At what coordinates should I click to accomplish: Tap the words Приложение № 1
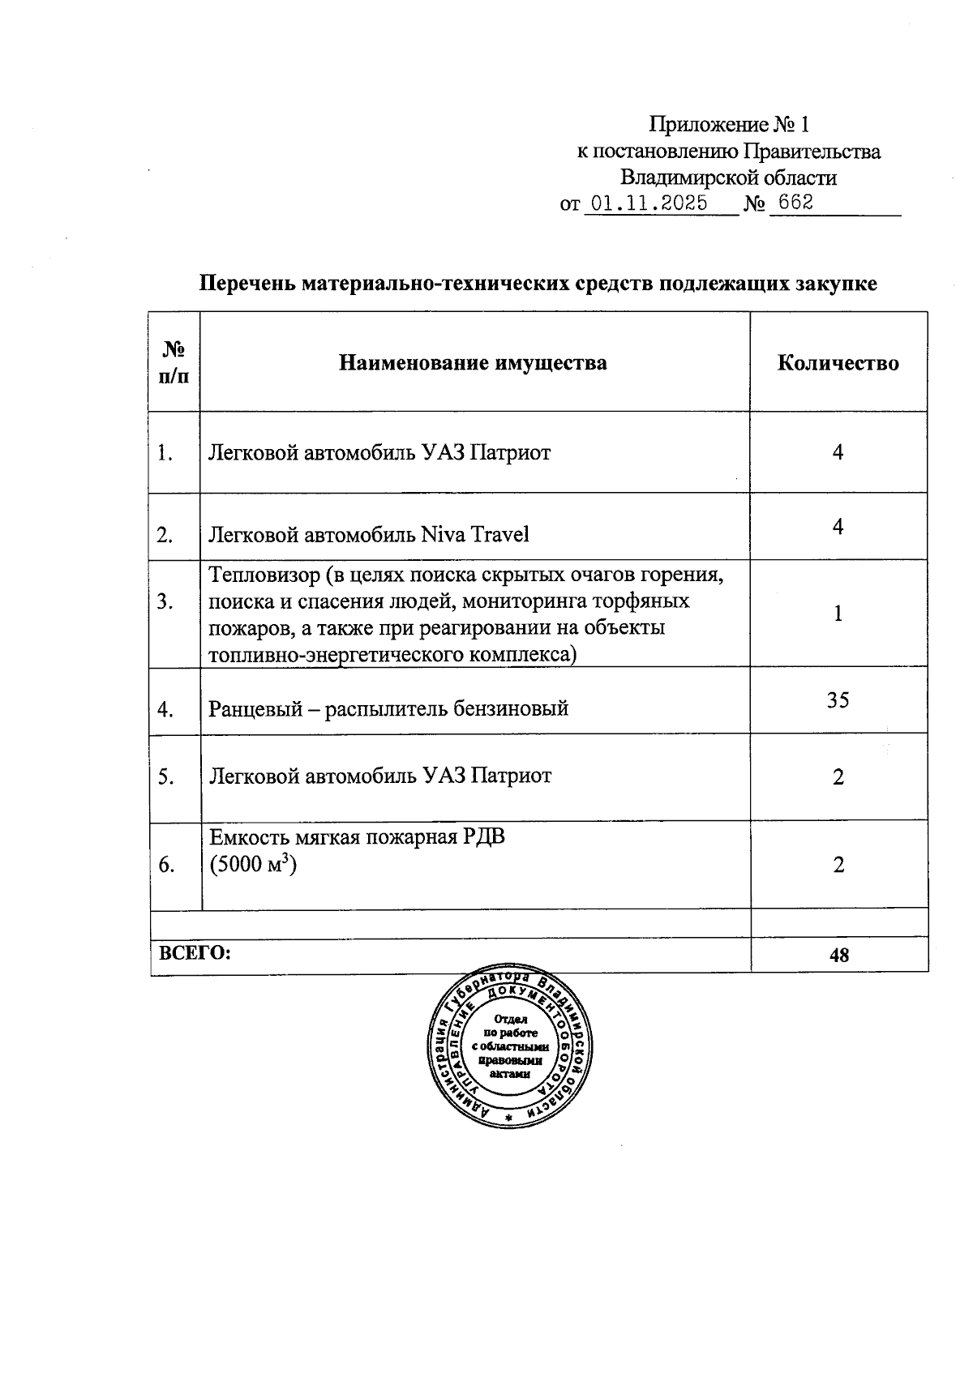click(728, 125)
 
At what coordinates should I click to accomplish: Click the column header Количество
click(838, 362)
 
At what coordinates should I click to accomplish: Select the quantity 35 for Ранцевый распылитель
click(838, 699)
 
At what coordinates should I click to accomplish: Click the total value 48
click(838, 956)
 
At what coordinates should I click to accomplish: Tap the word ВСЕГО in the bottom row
click(195, 952)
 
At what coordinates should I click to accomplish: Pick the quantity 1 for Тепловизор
click(838, 614)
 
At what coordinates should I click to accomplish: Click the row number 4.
click(166, 709)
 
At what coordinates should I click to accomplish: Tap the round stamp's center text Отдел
click(510, 1019)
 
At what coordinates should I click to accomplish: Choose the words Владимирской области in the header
click(728, 178)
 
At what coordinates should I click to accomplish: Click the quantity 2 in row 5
click(838, 777)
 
